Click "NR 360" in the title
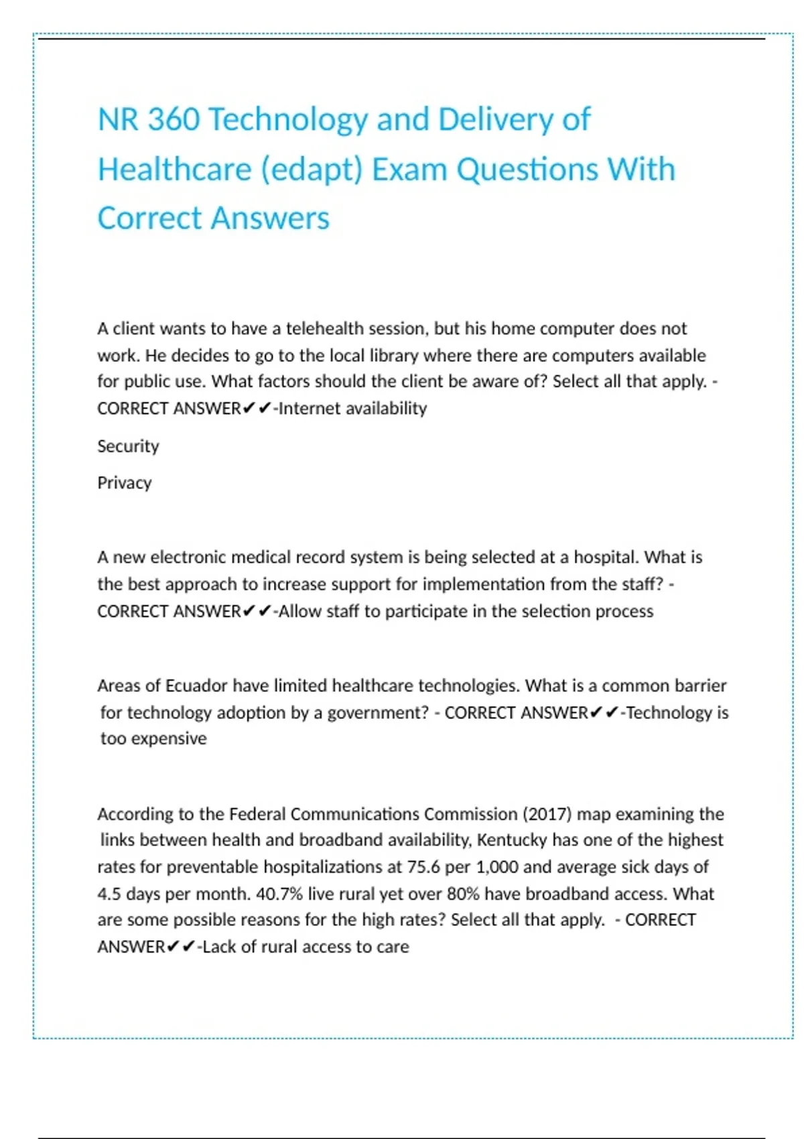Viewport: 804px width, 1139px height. [148, 120]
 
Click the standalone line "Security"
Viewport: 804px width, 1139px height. [128, 446]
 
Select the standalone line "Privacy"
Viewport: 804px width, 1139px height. [125, 482]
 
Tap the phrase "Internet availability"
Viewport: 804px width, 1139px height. [352, 408]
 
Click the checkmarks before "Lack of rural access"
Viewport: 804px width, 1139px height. [181, 946]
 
